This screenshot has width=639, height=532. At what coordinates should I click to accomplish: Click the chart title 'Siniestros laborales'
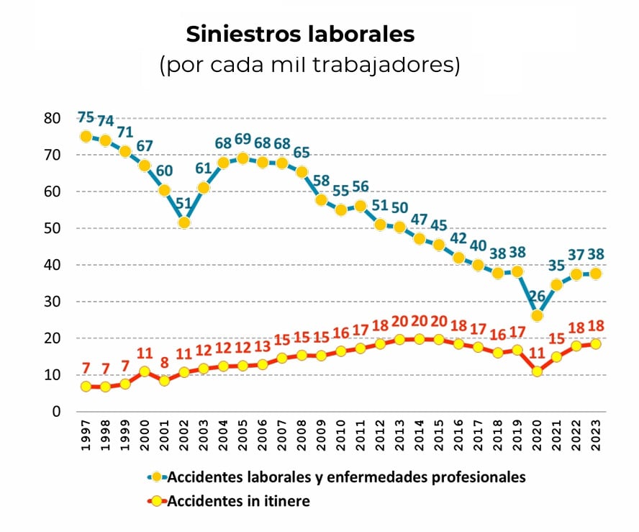coord(300,34)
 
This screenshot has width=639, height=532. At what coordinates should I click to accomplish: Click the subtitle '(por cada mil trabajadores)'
coord(309,66)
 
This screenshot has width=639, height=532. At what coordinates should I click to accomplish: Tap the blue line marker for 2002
coord(184,222)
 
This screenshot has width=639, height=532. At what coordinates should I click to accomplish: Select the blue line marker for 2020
coord(537,315)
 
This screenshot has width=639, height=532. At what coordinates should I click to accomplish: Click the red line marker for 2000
coord(145,371)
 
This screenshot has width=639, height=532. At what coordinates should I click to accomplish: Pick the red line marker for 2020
coord(537,371)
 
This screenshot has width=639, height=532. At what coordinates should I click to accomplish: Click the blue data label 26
coord(537,296)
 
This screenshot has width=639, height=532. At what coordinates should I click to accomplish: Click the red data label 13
coord(262,348)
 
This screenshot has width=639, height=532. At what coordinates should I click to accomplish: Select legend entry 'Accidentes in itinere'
coord(237,501)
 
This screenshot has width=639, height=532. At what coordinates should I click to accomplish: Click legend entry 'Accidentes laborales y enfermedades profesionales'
coord(345,477)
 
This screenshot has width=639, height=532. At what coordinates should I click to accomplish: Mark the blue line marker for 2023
coord(595,274)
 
